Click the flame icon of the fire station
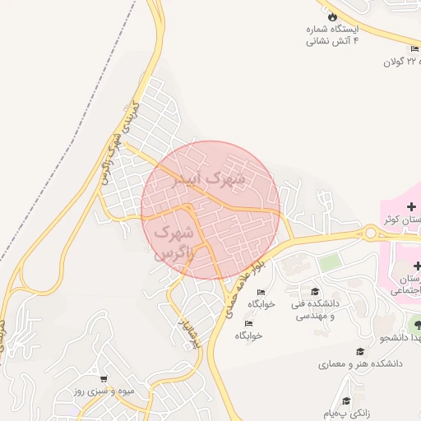(x=332, y=16)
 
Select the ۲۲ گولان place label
(x=401, y=62)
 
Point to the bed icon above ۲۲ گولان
(x=414, y=49)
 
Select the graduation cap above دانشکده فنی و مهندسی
(x=314, y=291)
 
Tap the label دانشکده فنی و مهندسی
(x=313, y=310)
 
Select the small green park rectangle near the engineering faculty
(x=330, y=263)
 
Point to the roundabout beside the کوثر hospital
(x=370, y=234)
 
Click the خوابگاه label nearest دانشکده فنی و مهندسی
(x=261, y=303)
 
